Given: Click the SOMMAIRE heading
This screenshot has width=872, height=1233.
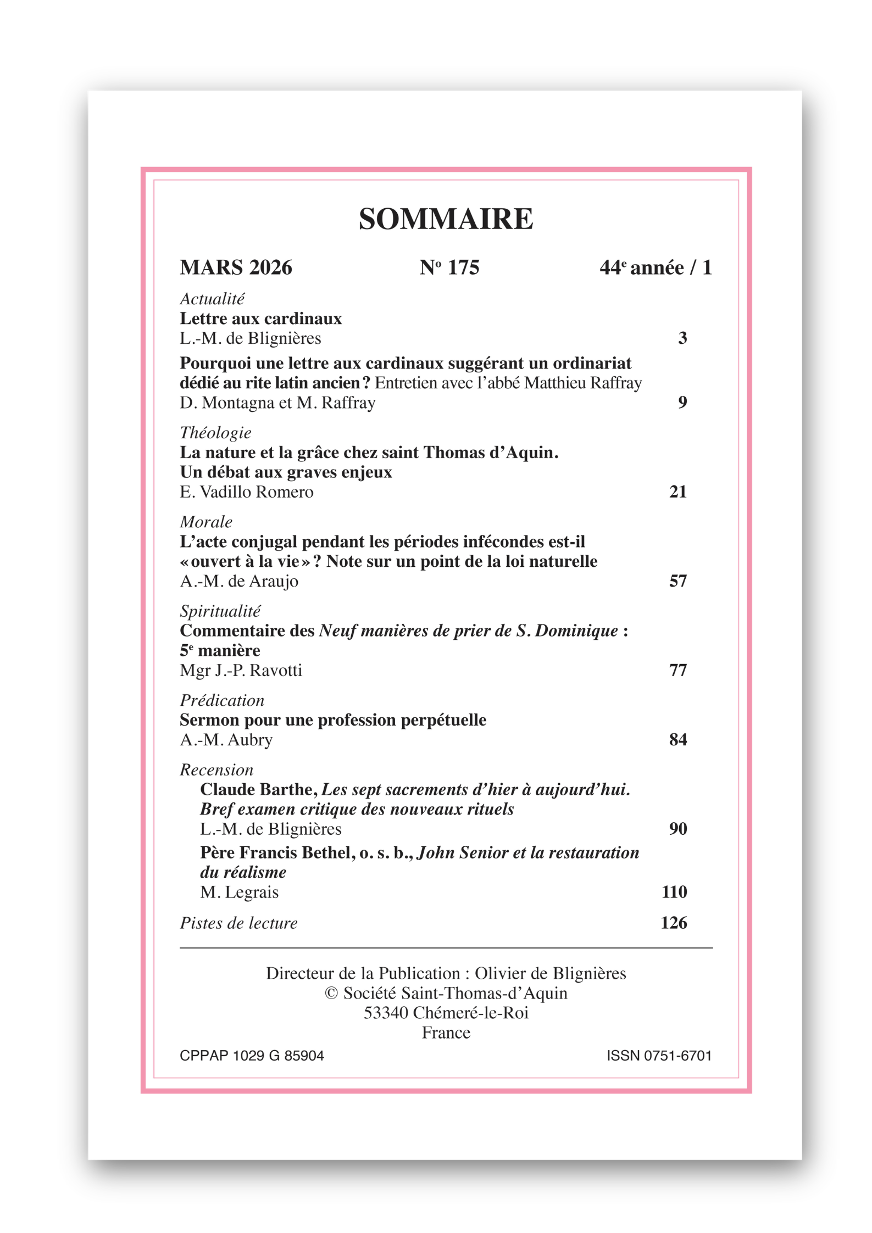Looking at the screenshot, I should (x=446, y=219).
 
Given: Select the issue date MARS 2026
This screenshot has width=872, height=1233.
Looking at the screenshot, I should (x=236, y=267).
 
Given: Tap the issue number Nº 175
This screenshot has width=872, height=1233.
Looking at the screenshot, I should (x=449, y=267).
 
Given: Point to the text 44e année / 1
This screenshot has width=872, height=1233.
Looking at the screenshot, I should (x=656, y=267).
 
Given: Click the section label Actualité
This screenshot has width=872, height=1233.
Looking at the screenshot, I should (x=212, y=299).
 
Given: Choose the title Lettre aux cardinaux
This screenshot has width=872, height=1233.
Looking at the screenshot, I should (x=260, y=319).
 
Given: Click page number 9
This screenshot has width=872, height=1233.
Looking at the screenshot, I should (x=682, y=402).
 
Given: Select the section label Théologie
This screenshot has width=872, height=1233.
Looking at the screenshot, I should (x=215, y=433).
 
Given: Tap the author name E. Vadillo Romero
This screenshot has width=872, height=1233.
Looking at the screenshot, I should (x=247, y=492).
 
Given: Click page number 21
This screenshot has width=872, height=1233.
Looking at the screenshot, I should (x=678, y=492).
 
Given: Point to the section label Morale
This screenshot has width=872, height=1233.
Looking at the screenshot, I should (x=206, y=522).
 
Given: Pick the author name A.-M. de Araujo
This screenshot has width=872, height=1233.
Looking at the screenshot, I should (x=239, y=581).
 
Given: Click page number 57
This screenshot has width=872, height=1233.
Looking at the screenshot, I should (x=678, y=581).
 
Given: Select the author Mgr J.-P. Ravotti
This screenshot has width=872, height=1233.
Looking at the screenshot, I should (x=241, y=670).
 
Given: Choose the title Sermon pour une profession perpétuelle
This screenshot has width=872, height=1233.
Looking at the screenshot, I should (x=333, y=720).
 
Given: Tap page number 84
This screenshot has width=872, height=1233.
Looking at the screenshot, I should (x=678, y=740).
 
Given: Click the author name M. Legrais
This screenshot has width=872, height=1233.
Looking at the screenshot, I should (x=239, y=892).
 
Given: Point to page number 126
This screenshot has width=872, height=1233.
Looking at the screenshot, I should (x=674, y=923).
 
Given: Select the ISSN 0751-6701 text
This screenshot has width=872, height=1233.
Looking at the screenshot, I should (x=659, y=1056).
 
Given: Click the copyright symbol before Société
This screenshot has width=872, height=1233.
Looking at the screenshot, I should (x=331, y=993).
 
